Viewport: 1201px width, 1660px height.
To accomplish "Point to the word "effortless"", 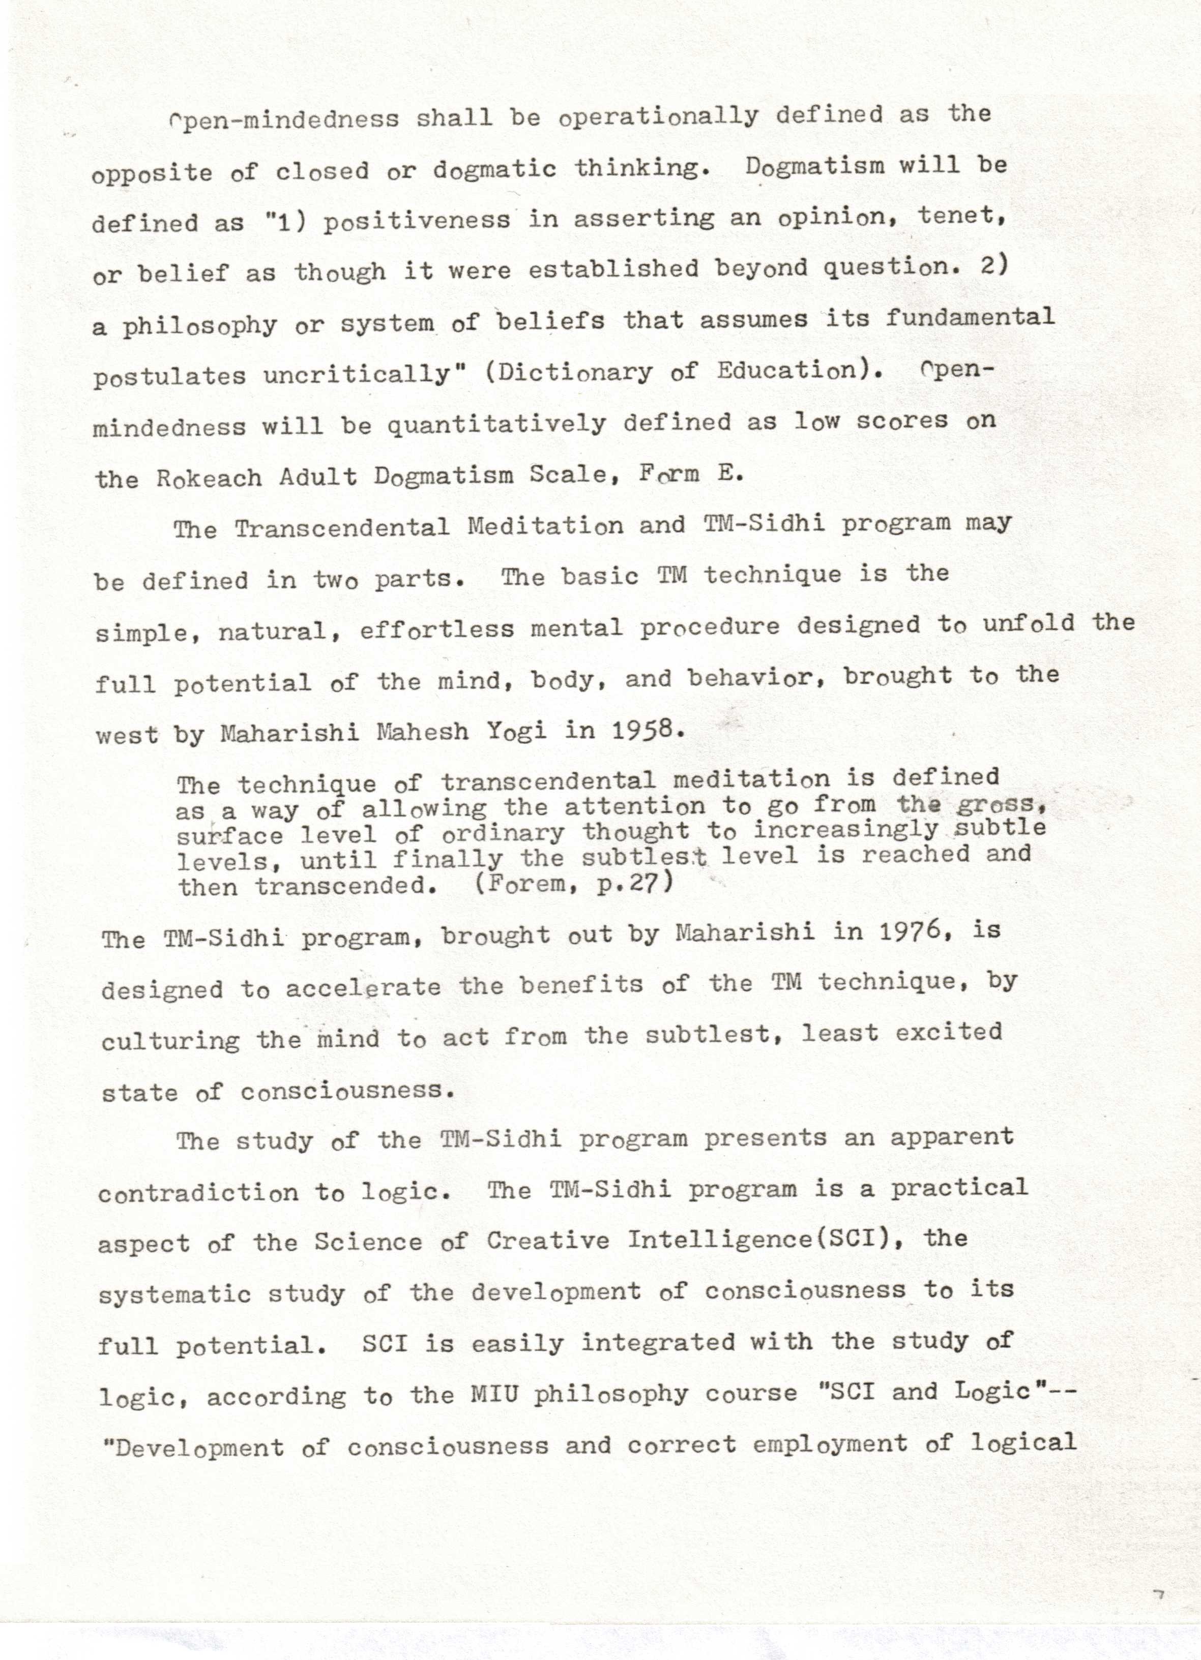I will click(x=436, y=629).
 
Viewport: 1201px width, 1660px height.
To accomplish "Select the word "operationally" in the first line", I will click(x=658, y=117).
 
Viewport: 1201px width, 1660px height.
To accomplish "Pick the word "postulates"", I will click(x=169, y=377).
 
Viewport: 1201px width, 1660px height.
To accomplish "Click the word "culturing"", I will click(x=170, y=1040).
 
